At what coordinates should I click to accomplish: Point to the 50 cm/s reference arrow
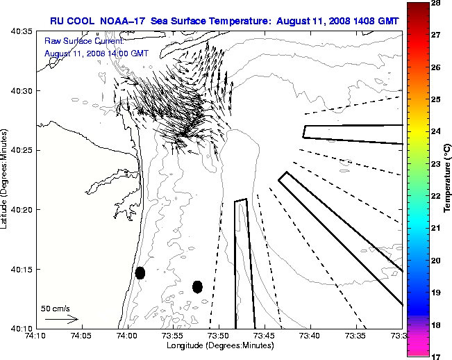coord(61,320)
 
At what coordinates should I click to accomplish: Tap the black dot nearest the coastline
coord(140,272)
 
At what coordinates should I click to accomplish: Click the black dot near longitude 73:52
coord(197,286)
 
